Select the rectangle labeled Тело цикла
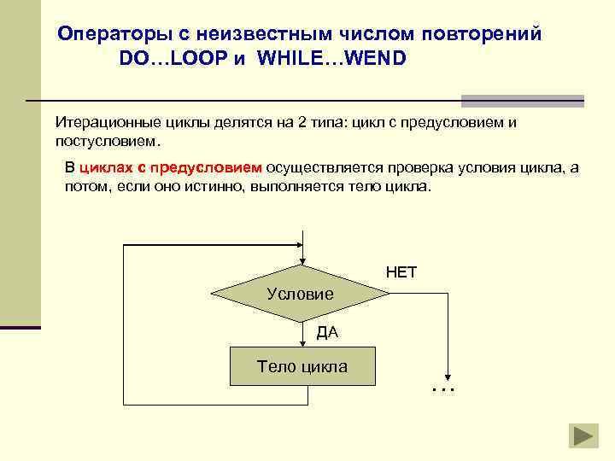coord(302,367)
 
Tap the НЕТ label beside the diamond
coord(401,273)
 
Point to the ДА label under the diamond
coord(327,332)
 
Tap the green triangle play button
coord(585,435)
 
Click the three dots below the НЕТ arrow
coord(443,389)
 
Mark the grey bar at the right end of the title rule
coord(522,100)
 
